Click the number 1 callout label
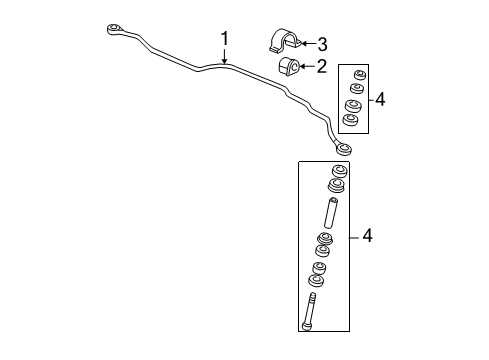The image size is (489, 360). click(225, 38)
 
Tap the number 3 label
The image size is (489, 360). click(322, 43)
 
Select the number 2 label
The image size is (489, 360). click(321, 67)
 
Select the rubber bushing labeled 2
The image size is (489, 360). click(290, 69)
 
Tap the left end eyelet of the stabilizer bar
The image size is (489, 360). click(115, 28)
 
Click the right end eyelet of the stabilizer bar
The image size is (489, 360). click(343, 150)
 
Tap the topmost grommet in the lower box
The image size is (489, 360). click(337, 172)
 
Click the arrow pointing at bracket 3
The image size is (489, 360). click(306, 43)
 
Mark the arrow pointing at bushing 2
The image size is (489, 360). click(306, 67)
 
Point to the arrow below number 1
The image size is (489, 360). click(225, 58)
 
